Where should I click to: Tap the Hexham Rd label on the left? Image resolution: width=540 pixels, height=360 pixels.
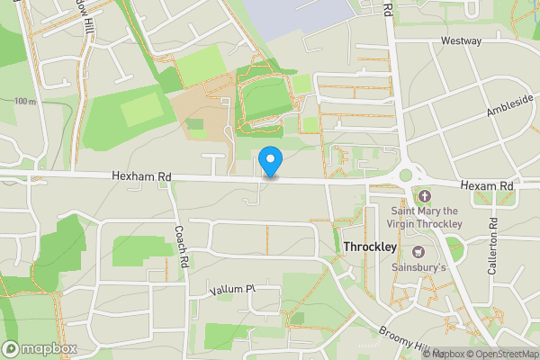coord(141,177)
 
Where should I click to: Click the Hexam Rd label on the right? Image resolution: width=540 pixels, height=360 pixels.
coord(486,184)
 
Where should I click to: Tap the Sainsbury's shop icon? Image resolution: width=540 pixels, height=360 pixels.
coord(418,251)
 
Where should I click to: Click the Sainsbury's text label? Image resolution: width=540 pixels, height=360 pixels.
coord(417,267)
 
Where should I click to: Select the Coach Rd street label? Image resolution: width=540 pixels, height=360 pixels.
coord(180,247)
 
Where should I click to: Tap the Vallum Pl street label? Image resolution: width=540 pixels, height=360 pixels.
coord(233,290)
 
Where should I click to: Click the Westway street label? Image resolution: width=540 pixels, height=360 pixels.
coord(461,41)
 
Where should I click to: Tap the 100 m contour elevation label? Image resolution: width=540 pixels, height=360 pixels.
coord(26,102)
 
